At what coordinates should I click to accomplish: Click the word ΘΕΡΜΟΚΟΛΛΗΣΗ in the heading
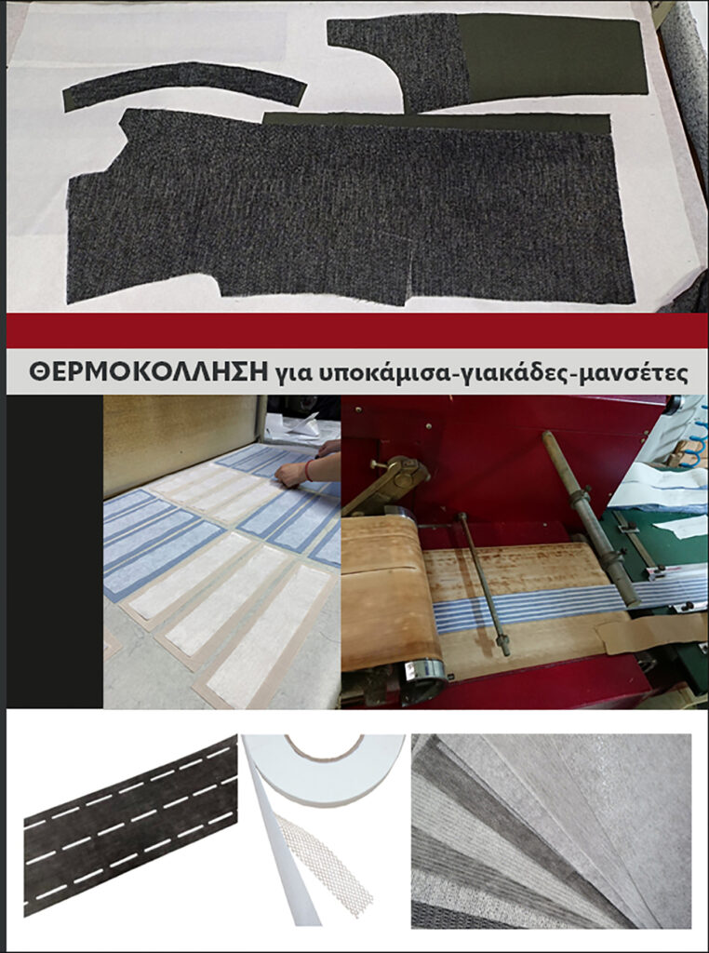(x=148, y=371)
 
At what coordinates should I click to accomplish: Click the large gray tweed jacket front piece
(x=346, y=209)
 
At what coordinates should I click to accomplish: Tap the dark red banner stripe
(x=357, y=330)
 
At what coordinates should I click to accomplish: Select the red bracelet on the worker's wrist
(x=309, y=470)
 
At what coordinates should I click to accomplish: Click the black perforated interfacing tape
(x=130, y=825)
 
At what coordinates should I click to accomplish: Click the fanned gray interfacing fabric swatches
(x=551, y=831)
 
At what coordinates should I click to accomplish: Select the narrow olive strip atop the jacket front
(x=437, y=122)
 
